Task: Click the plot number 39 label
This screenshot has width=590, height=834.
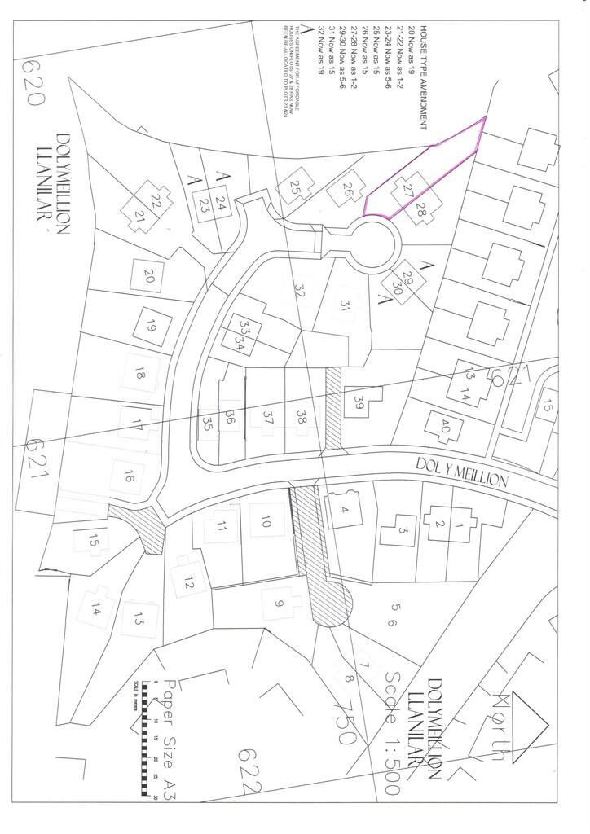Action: point(359,401)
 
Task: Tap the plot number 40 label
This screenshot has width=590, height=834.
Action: point(444,425)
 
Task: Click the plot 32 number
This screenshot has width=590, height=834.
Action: point(301,290)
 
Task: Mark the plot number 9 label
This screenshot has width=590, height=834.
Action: point(279,603)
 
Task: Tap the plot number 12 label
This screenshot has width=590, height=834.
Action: point(190,582)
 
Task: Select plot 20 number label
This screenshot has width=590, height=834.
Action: point(149,275)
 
